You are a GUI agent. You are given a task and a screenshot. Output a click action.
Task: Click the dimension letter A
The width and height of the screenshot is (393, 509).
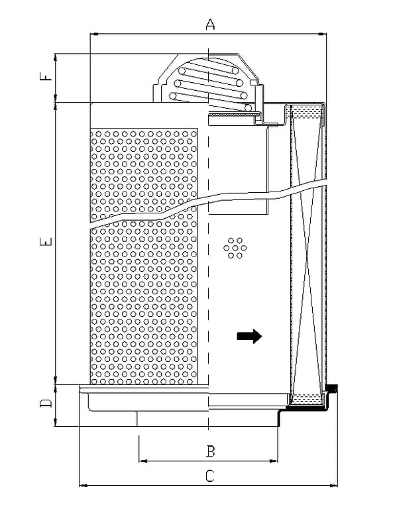tap(210, 25)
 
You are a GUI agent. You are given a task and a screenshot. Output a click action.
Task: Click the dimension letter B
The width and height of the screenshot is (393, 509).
tap(210, 451)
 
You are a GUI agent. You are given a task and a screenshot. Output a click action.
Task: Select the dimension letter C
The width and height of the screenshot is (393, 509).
tap(210, 476)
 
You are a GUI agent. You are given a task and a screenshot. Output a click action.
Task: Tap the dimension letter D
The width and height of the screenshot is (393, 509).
tap(46, 403)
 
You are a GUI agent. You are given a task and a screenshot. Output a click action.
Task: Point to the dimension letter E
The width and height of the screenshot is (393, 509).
tap(46, 241)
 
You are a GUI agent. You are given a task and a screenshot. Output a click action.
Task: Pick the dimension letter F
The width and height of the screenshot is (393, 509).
tap(46, 76)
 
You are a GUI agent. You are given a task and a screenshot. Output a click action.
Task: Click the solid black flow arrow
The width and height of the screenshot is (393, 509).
tap(249, 336)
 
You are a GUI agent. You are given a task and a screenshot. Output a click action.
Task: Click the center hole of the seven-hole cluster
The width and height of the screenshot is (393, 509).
tap(235, 248)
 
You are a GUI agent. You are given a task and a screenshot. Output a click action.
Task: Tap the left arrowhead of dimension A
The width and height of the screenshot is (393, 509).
tap(94, 33)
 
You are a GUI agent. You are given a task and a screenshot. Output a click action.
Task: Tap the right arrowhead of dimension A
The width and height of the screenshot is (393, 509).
tap(323, 33)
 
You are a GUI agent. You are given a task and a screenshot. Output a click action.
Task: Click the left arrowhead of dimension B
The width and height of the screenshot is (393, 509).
tap(142, 461)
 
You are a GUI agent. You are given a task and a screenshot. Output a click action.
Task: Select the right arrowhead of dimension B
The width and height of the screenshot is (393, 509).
tap(274, 461)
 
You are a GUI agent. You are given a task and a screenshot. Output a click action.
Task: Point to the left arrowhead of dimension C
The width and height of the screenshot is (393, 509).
tap(84, 486)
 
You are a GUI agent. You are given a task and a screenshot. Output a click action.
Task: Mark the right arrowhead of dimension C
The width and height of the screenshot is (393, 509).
tap(333, 486)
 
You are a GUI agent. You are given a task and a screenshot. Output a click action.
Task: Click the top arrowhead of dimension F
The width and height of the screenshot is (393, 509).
tap(56, 58)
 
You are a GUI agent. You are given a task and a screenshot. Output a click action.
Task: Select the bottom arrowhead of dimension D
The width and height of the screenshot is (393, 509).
tap(56, 422)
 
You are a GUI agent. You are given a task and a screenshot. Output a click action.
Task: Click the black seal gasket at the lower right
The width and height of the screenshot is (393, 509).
tap(331, 388)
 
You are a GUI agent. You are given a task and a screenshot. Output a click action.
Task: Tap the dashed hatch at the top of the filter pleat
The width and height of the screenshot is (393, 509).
tap(307, 111)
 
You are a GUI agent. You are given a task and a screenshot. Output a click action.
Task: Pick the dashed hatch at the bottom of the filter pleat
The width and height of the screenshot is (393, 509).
tap(307, 398)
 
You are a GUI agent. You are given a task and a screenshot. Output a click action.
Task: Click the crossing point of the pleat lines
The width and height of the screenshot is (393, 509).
tap(307, 255)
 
